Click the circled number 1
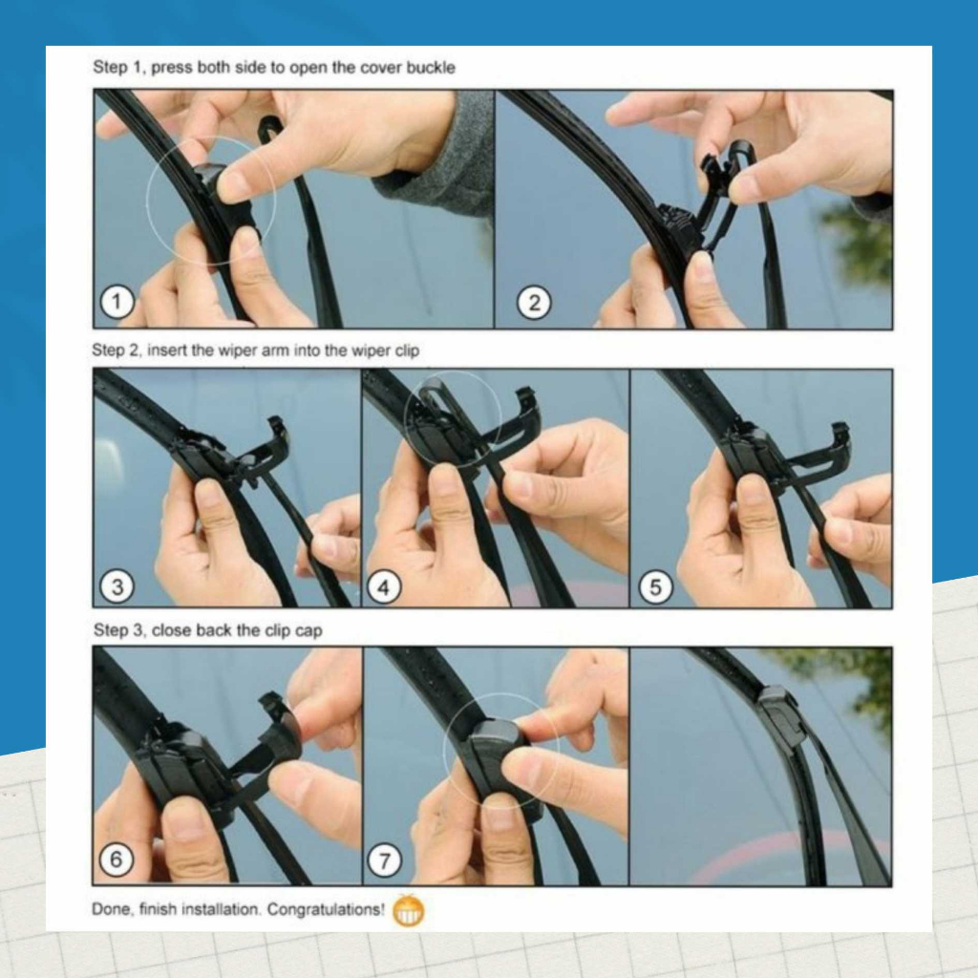pos(117,302)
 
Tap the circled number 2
pos(534,303)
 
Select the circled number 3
pos(117,587)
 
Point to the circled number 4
pos(384,587)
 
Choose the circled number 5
pos(655,587)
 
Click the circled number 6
pos(117,860)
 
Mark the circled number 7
pos(384,861)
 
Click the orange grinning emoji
pos(409,910)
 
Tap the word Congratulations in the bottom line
pos(326,909)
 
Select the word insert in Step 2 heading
pos(166,350)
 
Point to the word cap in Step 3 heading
pos(308,631)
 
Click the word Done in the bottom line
pos(113,909)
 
